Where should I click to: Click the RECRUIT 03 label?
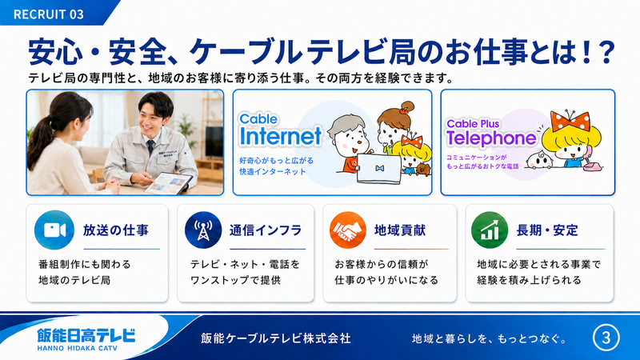point(49,14)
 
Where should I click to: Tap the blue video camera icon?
point(54,230)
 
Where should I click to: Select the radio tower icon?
point(203,230)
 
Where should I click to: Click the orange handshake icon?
point(348,230)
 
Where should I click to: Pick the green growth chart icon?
point(490,230)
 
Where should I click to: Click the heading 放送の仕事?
point(115,230)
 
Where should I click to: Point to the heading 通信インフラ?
point(266,230)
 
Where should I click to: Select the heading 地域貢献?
point(400,230)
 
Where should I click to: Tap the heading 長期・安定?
point(547,230)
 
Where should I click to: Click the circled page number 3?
point(606,338)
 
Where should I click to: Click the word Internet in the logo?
point(281,136)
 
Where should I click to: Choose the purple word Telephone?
point(491,138)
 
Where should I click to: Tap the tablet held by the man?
point(168,183)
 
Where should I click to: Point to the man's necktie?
point(150,146)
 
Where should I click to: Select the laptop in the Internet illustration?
point(379,169)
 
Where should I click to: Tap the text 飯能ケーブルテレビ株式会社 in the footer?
point(276,338)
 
